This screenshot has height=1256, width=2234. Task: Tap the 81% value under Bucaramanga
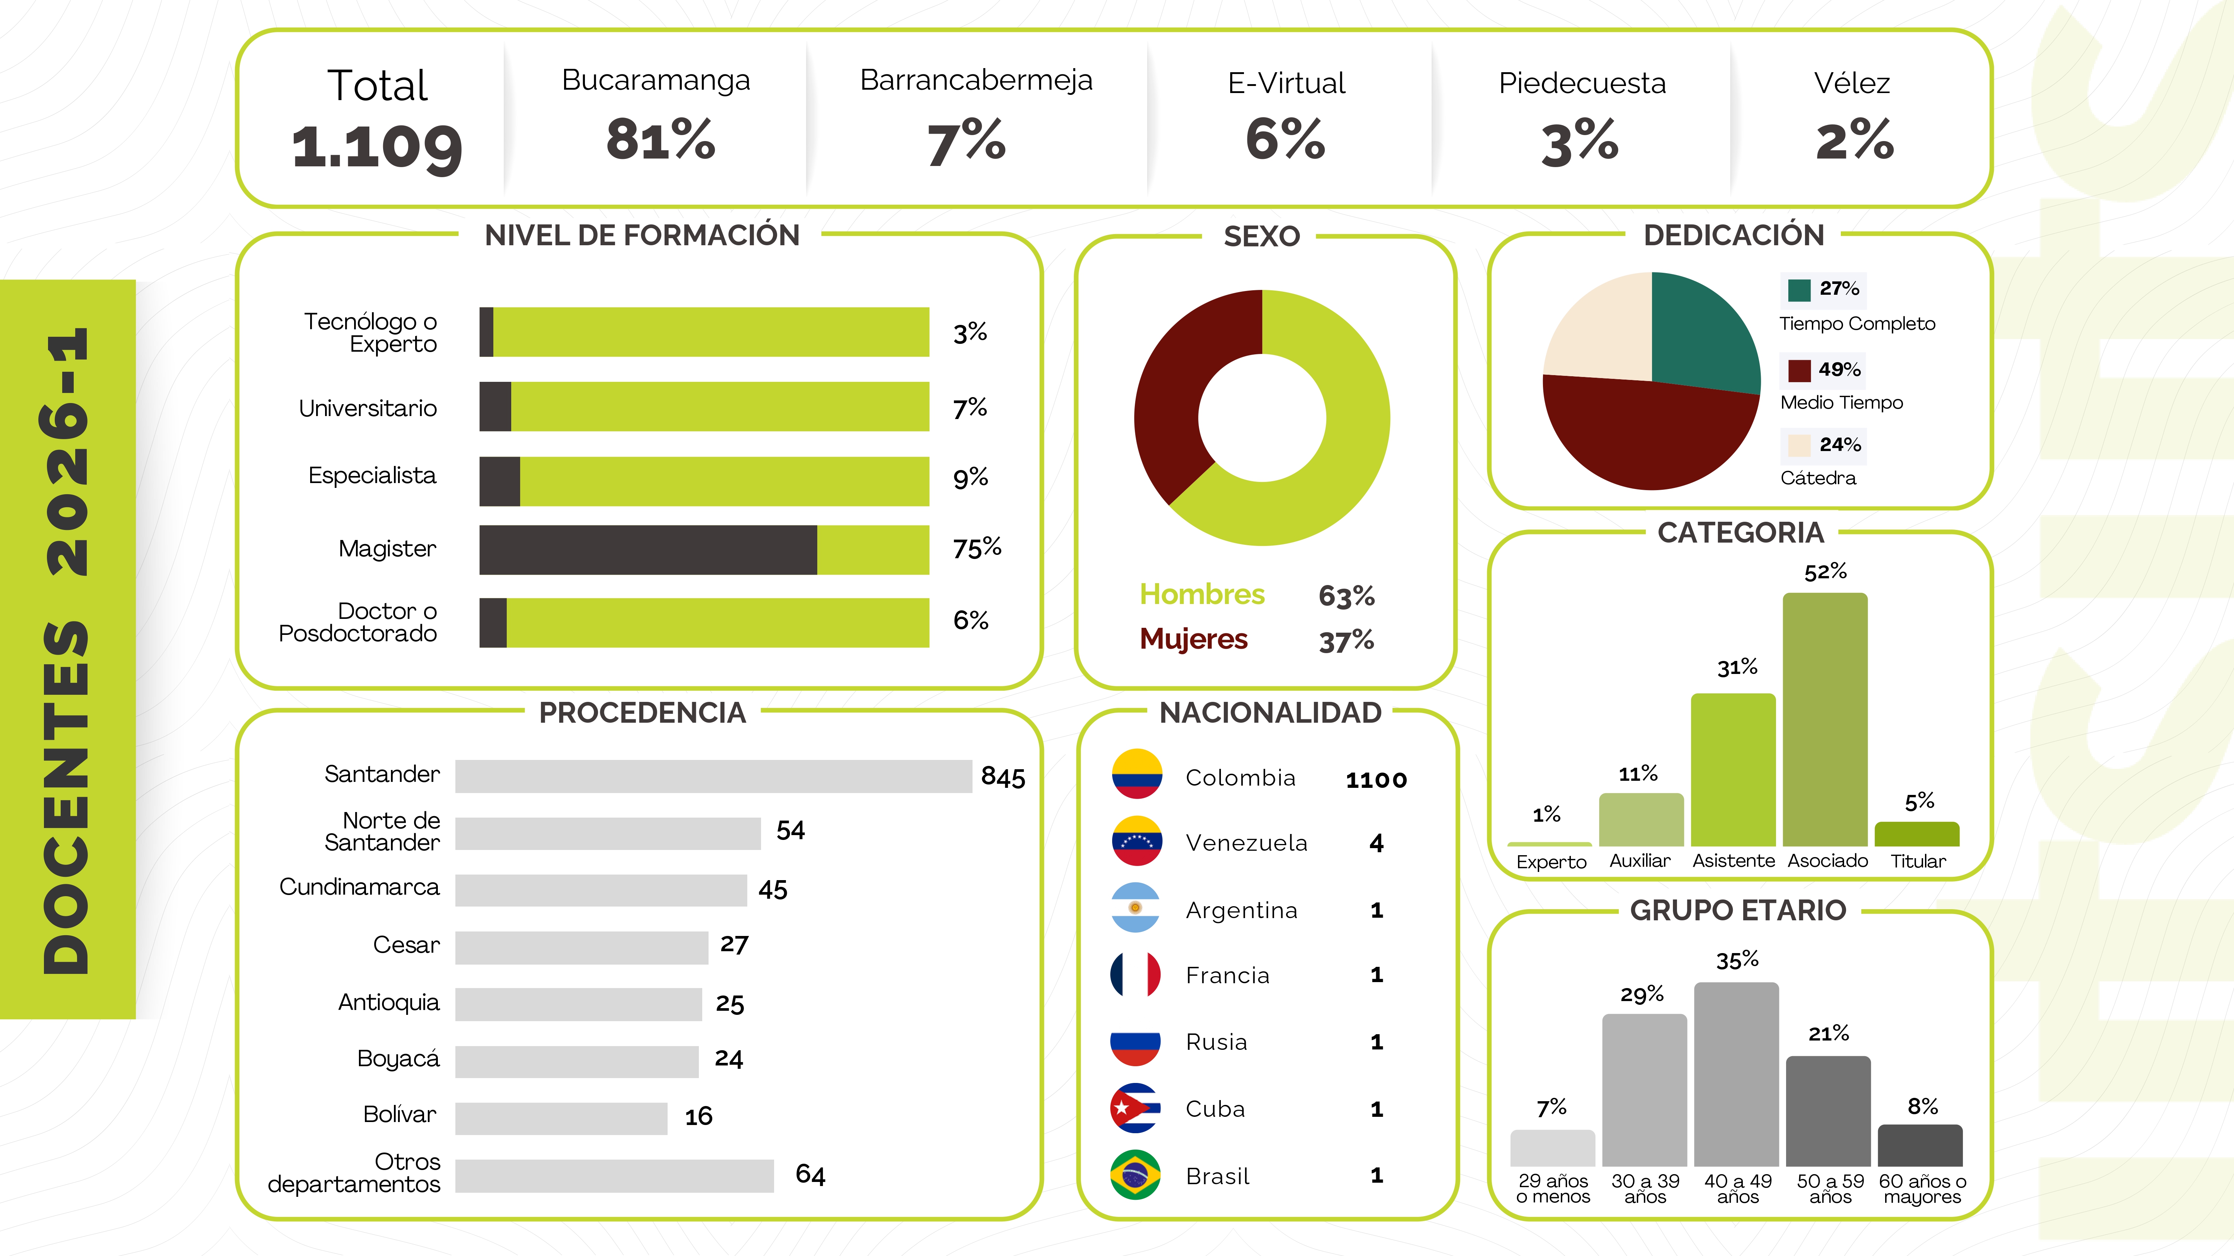(661, 139)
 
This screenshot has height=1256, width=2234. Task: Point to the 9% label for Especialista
(970, 477)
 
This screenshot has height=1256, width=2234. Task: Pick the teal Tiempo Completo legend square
(1799, 290)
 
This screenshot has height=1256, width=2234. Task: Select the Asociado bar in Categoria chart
(1825, 719)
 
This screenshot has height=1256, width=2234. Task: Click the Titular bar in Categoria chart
(1917, 834)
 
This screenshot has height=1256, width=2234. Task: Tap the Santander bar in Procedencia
(713, 776)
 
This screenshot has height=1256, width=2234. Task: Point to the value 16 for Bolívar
(698, 1116)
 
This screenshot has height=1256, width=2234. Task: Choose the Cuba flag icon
(1135, 1108)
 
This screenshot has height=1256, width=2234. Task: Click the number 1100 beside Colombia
(1376, 780)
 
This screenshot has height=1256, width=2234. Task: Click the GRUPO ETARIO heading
(1738, 910)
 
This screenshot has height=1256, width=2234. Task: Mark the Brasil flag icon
(1135, 1174)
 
